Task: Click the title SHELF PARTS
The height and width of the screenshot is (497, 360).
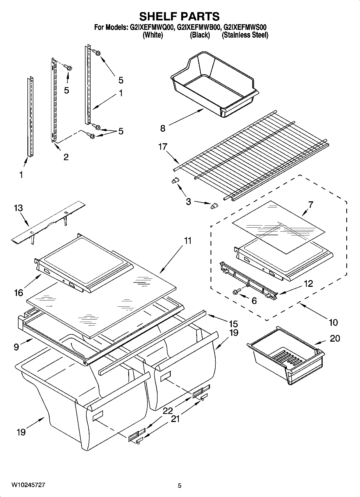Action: point(179,16)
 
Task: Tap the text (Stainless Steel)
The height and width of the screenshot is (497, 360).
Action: point(245,35)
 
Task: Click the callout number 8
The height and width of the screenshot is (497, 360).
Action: point(163,128)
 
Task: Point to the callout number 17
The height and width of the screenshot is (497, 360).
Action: point(163,147)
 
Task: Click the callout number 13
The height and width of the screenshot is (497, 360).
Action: point(19,208)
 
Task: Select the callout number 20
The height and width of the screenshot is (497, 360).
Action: point(335,338)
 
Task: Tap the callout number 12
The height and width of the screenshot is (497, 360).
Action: point(309,283)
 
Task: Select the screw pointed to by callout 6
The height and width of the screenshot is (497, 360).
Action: point(236,291)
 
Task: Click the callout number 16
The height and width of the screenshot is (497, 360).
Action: point(19,293)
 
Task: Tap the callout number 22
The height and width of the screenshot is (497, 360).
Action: point(168,411)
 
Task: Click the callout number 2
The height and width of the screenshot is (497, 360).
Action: point(66,157)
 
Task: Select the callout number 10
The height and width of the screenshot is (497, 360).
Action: point(333,322)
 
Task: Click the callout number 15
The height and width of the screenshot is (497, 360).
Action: point(233,324)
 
